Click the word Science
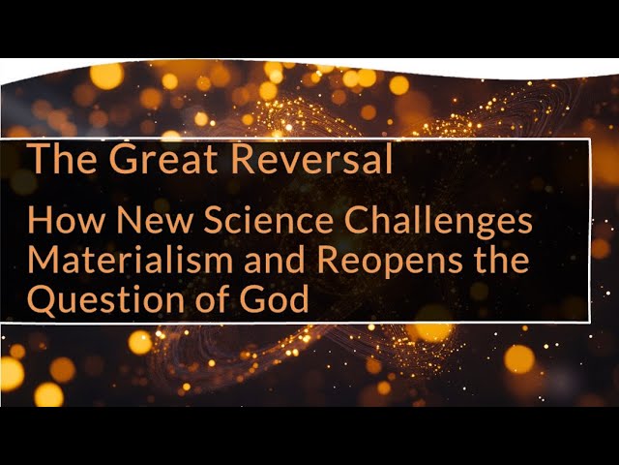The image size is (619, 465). coord(253,222)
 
